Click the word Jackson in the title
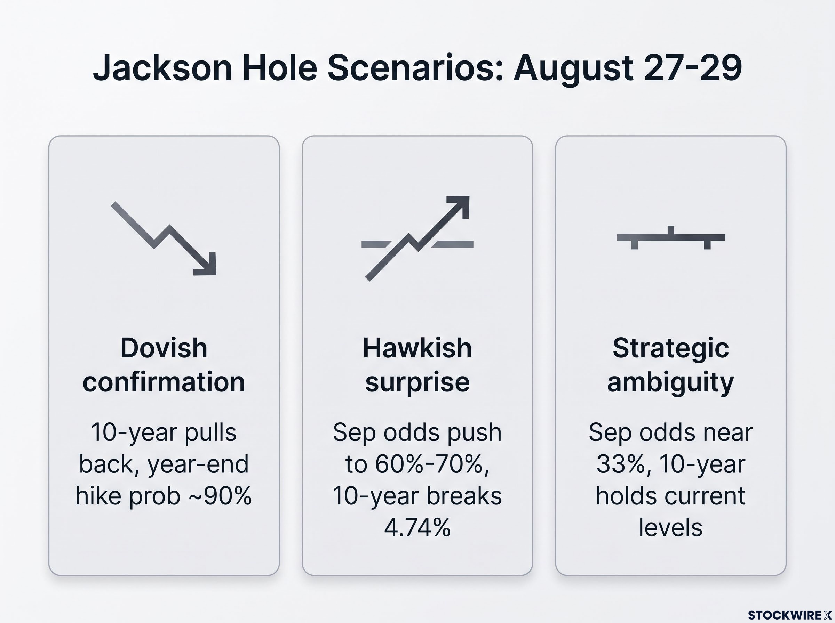pyautogui.click(x=162, y=68)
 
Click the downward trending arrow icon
pyautogui.click(x=164, y=238)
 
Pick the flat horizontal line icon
pyautogui.click(x=671, y=237)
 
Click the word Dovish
pyautogui.click(x=164, y=348)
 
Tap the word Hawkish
pyautogui.click(x=417, y=348)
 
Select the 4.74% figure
pyautogui.click(x=417, y=527)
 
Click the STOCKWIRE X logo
pyautogui.click(x=790, y=615)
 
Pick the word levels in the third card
pyautogui.click(x=671, y=527)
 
